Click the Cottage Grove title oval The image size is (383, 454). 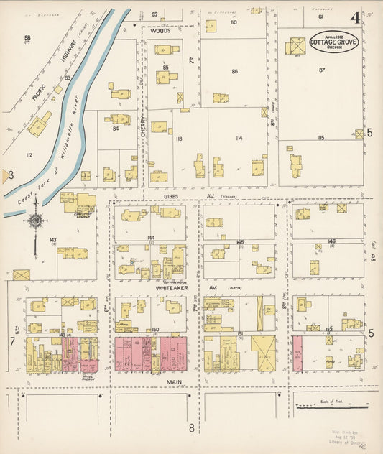[334, 41]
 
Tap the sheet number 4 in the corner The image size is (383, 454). [355, 18]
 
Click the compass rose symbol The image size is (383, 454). [35, 220]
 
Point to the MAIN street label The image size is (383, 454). [170, 382]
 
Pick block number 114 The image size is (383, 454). [238, 138]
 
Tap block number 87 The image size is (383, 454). [321, 70]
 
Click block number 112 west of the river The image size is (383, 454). [29, 155]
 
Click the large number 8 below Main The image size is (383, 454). [192, 429]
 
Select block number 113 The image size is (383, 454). [179, 138]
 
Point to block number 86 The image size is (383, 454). [234, 72]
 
